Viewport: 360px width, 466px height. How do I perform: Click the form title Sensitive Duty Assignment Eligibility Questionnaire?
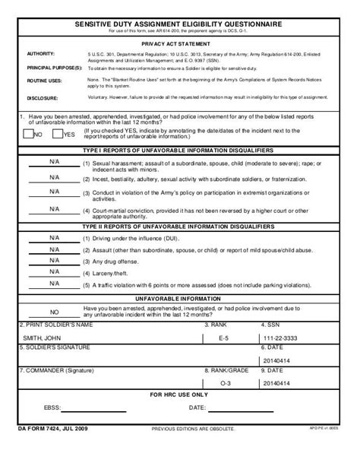[181, 24]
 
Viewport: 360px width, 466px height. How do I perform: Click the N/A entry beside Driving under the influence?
[54, 238]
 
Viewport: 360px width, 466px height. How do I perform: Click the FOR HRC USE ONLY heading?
[181, 396]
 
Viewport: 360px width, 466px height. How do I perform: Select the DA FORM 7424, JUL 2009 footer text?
[48, 430]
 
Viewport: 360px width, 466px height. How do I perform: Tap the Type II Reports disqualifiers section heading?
[181, 227]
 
